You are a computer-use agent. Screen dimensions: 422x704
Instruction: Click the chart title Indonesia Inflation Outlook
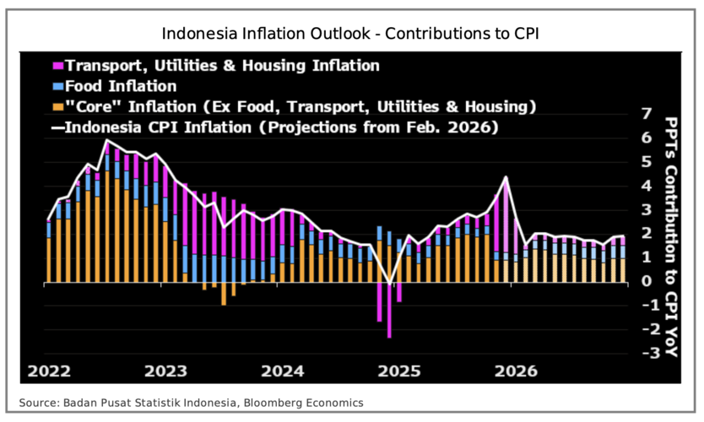[x=351, y=35]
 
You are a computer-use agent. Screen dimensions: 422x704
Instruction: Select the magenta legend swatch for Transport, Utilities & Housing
[x=57, y=65]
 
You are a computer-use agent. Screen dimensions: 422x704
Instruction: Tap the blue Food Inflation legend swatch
[x=57, y=86]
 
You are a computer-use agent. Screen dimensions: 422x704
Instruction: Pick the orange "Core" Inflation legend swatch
[x=57, y=107]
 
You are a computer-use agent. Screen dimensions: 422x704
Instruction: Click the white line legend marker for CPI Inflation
[x=57, y=128]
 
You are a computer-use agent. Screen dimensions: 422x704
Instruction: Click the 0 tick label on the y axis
[x=647, y=282]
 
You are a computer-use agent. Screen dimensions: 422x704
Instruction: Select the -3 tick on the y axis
[x=644, y=354]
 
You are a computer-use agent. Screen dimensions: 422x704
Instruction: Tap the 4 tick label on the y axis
[x=647, y=186]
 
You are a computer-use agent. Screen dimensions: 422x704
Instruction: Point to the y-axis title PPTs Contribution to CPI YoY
[x=671, y=236]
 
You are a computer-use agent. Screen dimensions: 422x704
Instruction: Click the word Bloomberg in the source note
[x=282, y=403]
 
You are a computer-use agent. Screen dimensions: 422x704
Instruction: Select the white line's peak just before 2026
[x=505, y=177]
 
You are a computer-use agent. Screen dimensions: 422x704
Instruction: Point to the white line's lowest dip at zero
[x=389, y=282]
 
